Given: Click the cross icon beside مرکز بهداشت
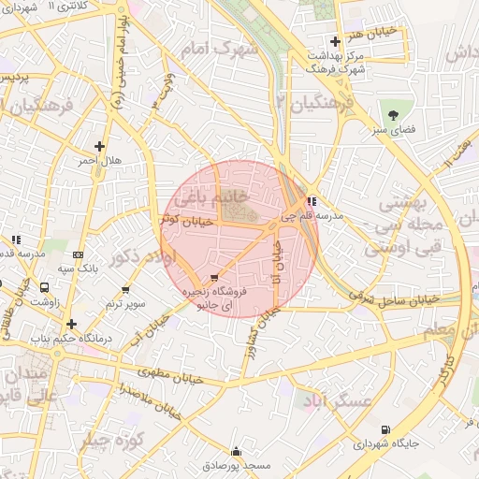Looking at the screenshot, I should (x=335, y=41).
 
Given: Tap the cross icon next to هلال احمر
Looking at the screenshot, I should (x=100, y=146).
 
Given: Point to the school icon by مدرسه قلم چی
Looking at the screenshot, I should (x=312, y=201).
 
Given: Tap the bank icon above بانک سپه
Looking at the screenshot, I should (x=78, y=254).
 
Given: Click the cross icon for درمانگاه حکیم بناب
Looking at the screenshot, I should (x=71, y=324).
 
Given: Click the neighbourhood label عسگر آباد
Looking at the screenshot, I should (x=333, y=400).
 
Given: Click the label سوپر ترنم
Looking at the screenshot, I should (x=124, y=305).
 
